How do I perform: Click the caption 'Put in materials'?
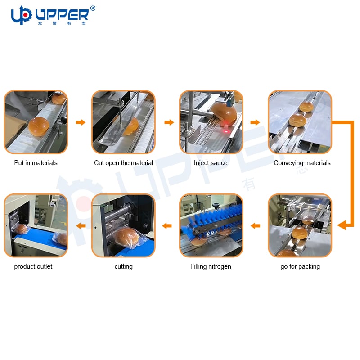click(36, 163)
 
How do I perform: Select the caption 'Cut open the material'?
click(123, 163)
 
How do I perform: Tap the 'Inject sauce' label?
click(211, 163)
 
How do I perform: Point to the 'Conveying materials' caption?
click(302, 163)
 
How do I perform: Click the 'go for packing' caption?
click(300, 266)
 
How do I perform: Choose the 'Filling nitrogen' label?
click(211, 266)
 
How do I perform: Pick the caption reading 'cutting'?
click(123, 266)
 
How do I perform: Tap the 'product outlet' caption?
click(33, 266)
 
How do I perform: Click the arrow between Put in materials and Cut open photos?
click(81, 122)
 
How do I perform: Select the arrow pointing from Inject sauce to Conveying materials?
click(255, 122)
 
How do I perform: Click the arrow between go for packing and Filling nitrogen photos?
click(255, 226)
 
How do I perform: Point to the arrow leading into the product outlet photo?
click(81, 226)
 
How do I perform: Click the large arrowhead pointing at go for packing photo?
click(342, 225)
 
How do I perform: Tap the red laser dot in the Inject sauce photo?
click(226, 132)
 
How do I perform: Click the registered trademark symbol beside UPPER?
click(93, 9)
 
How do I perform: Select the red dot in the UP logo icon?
click(26, 15)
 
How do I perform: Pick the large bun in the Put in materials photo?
click(39, 126)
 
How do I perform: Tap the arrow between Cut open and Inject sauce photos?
click(169, 122)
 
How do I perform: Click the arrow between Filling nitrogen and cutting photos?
click(167, 226)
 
